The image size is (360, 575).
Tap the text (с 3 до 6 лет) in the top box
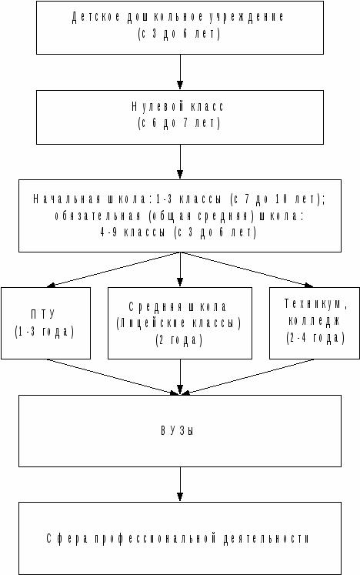(179, 34)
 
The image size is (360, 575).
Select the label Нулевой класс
(178, 107)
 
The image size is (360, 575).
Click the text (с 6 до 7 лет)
(179, 123)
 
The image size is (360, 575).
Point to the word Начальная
(67, 199)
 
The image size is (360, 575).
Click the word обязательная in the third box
(98, 216)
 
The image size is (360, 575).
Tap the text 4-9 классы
(132, 232)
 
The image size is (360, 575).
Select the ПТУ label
(43, 314)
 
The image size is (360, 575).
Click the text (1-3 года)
(45, 332)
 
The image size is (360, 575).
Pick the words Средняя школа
(178, 306)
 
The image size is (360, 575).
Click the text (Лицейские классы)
(179, 323)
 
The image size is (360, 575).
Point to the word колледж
(314, 320)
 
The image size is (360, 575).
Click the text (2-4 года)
(315, 338)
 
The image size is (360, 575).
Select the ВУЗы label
(178, 430)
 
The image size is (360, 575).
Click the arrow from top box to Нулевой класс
(180, 72)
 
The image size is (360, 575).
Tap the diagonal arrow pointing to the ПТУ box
(114, 269)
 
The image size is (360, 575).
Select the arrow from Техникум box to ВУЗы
(248, 377)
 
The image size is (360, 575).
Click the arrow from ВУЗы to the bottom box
(180, 484)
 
